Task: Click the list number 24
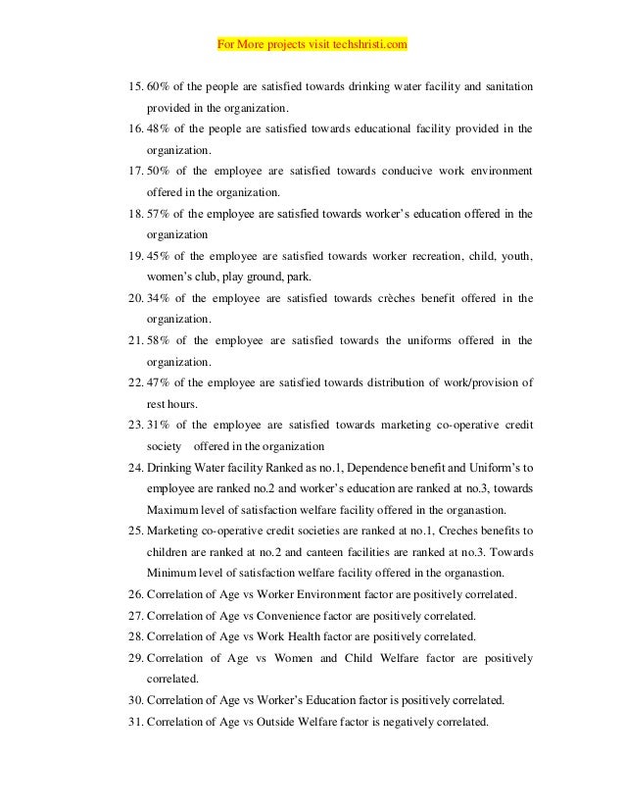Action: point(136,468)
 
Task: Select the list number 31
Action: point(136,722)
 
